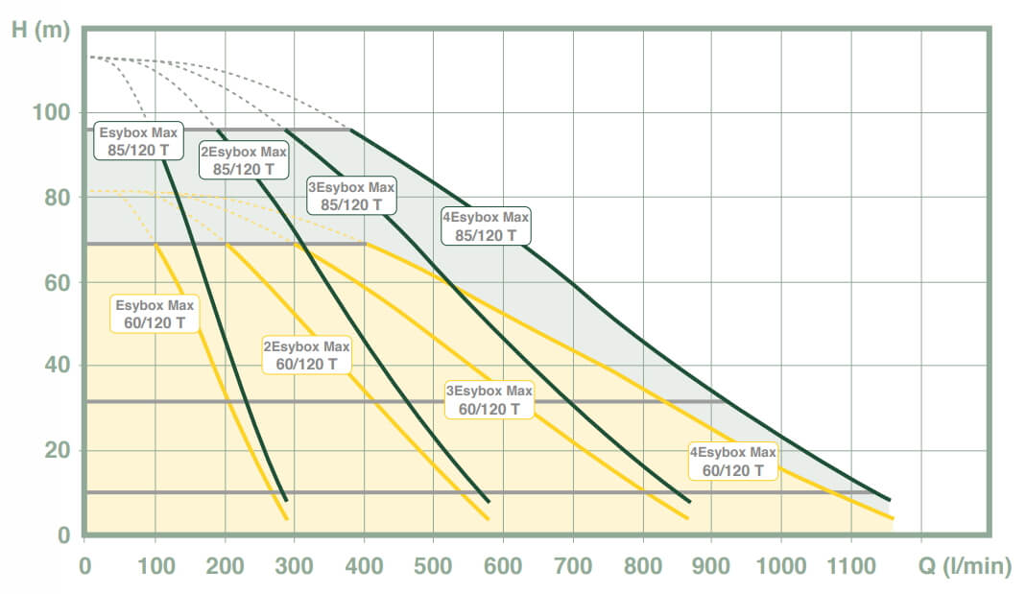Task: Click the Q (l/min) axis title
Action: tap(965, 567)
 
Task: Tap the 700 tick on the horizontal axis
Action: tap(573, 567)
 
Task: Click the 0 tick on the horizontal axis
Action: tap(85, 567)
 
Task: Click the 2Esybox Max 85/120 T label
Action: tap(244, 160)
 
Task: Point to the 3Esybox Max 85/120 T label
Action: tap(351, 195)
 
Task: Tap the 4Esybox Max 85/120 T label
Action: tap(486, 226)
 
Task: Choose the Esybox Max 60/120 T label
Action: tap(155, 314)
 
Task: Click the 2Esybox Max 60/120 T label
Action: tap(307, 355)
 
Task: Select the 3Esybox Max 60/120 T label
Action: tap(489, 400)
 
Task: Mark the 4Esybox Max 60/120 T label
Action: tap(733, 461)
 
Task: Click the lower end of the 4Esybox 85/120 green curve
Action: tap(890, 500)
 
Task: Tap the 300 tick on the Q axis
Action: tap(295, 567)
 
